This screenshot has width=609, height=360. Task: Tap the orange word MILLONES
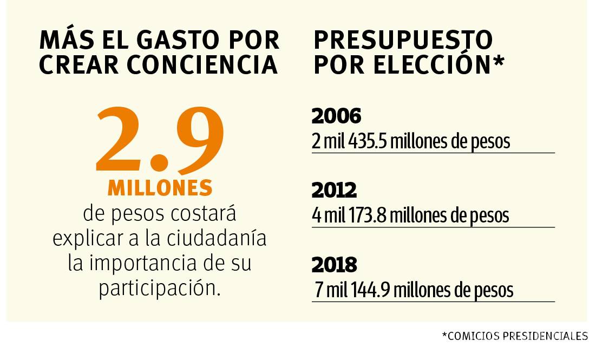[x=160, y=187]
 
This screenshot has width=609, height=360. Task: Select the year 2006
[x=336, y=116]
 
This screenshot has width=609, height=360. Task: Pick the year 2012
[x=334, y=190]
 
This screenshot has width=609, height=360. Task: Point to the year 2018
[x=335, y=265]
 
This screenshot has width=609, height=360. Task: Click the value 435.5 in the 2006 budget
[x=368, y=141]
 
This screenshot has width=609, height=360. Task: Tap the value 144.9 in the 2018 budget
[x=371, y=290]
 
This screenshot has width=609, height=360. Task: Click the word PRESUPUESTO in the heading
[x=403, y=40]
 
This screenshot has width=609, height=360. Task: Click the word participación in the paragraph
[x=160, y=288]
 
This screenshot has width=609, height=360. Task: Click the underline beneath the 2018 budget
[x=433, y=302]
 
